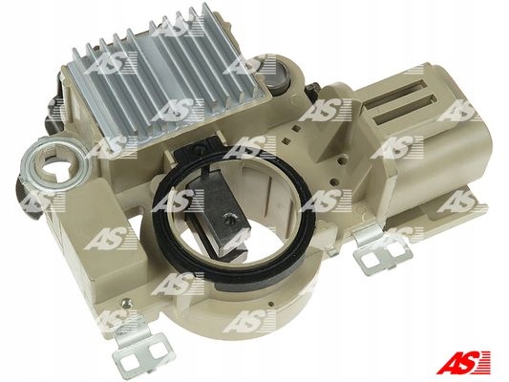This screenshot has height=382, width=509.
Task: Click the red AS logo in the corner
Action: (x=463, y=362)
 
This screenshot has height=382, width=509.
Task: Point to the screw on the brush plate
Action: (x=229, y=219)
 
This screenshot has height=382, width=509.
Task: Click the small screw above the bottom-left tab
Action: (x=127, y=304)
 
